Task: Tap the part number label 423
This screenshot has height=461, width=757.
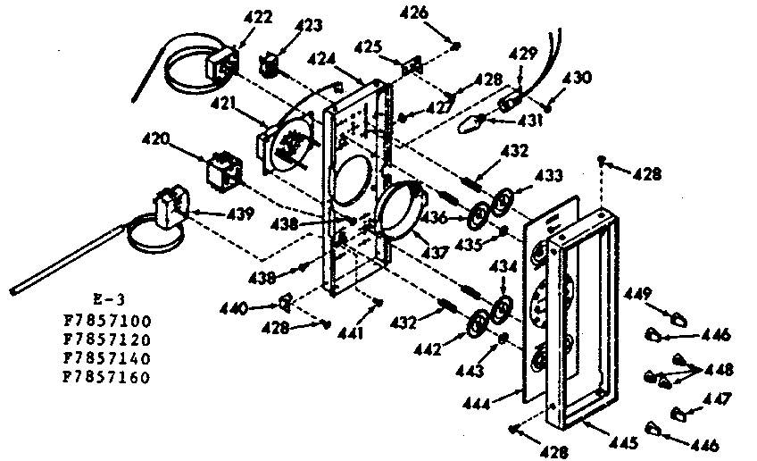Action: (x=309, y=26)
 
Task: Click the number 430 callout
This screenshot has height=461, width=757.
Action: (x=577, y=78)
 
